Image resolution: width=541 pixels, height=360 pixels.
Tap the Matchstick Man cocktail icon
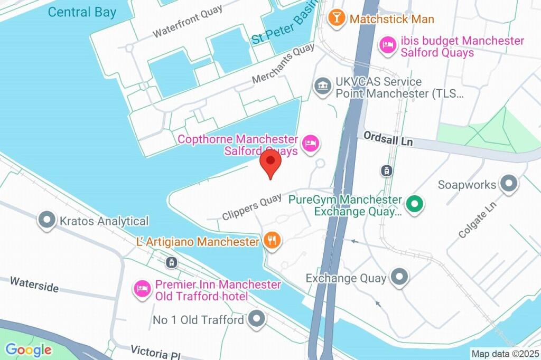pyautogui.click(x=334, y=18)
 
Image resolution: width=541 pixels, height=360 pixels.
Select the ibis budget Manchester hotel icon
pyautogui.click(x=388, y=45)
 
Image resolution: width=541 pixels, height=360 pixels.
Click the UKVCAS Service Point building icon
pyautogui.click(x=321, y=85)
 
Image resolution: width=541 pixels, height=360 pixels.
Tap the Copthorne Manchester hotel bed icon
pyautogui.click(x=310, y=142)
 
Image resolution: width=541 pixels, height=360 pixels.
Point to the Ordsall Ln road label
pyautogui.click(x=387, y=139)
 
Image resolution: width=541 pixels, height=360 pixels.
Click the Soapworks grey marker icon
pyautogui.click(x=508, y=184)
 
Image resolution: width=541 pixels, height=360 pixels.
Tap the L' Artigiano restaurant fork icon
pyautogui.click(x=272, y=241)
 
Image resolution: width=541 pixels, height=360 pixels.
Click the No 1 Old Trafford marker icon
pyautogui.click(x=257, y=319)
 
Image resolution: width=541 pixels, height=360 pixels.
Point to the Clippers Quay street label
pyautogui.click(x=251, y=207)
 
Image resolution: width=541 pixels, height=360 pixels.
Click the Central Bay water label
pyautogui.click(x=82, y=12)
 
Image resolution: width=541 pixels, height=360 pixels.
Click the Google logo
pyautogui.click(x=29, y=349)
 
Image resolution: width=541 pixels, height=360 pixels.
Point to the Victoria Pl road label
pyautogui.click(x=156, y=352)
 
